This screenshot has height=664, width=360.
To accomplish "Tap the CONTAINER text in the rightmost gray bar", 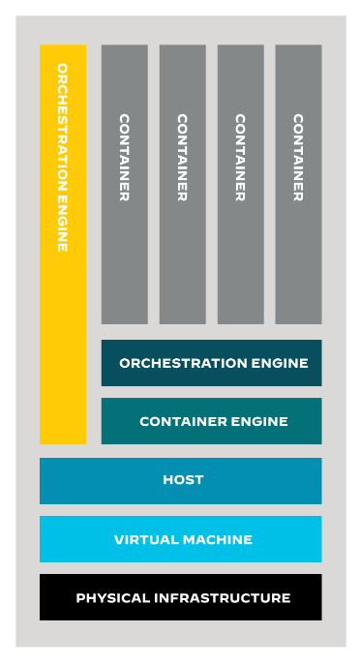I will coord(298,158).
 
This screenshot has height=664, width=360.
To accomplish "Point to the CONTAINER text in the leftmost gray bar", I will coord(124,158).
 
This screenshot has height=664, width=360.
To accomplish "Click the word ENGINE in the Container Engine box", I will coord(261,422).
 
